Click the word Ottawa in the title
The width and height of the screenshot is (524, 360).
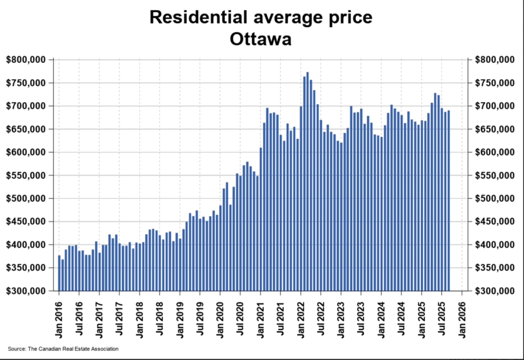point(261,39)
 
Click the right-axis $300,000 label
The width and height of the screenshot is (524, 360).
point(494,291)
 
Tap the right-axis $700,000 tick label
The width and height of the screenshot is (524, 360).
point(494,106)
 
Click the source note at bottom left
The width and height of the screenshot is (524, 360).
point(63,349)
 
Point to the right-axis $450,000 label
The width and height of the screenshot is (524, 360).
point(494,221)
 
